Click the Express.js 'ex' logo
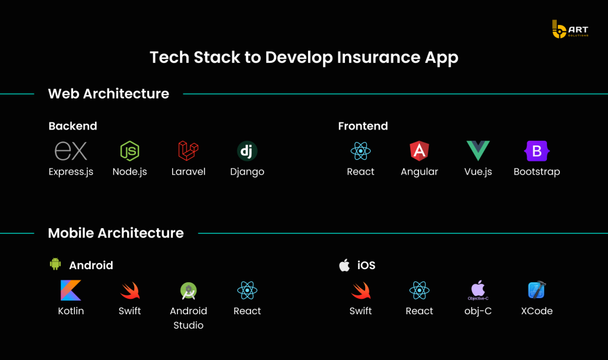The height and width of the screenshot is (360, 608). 71,150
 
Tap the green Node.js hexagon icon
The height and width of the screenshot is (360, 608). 130,151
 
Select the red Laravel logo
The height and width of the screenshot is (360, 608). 188,150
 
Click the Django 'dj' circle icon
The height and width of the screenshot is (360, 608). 247,151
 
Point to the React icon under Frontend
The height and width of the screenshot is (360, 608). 360,151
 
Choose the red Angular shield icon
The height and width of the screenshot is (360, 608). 420,151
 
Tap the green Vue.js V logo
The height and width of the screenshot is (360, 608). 478,150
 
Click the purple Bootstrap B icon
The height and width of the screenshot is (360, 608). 537,151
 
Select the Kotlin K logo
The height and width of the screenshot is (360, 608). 71,290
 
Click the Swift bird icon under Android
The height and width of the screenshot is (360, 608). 130,290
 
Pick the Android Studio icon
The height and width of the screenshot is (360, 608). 188,290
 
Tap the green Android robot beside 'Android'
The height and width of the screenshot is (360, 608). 55,264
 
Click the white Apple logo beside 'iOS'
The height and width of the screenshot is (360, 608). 344,265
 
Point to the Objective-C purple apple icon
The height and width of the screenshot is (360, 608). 478,290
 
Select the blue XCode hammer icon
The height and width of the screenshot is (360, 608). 537,290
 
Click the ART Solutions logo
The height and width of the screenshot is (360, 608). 570,29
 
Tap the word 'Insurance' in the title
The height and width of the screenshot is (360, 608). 378,58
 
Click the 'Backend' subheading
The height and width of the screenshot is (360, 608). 73,126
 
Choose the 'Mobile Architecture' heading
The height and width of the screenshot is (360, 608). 116,233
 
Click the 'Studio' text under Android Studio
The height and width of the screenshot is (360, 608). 188,325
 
